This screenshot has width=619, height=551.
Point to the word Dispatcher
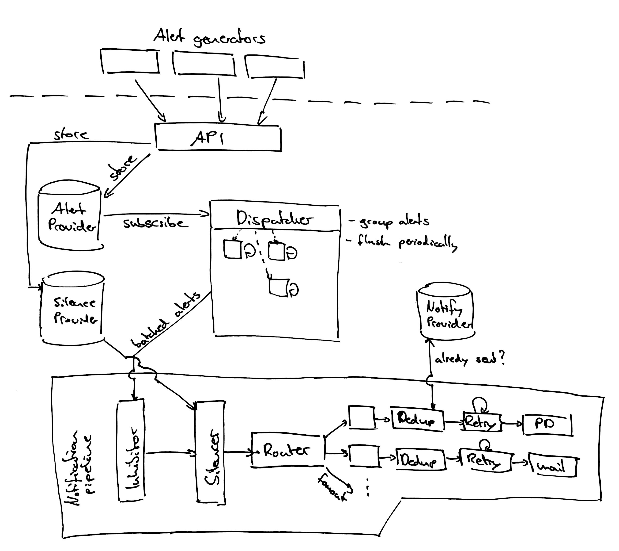pos(274,218)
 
